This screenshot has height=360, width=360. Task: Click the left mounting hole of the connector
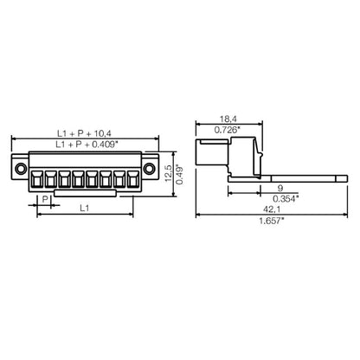click(x=21, y=167)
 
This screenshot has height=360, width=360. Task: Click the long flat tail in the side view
click(x=294, y=177)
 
